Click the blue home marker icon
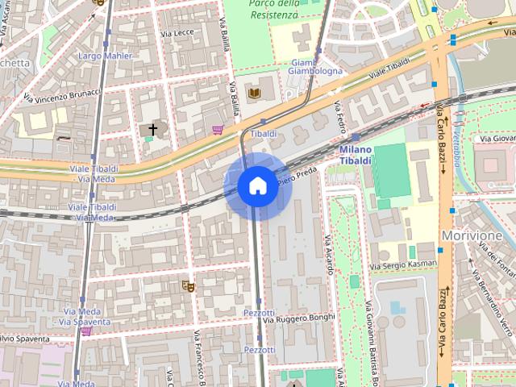257,186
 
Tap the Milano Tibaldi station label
356,156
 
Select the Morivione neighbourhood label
472,235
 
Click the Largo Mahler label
106,56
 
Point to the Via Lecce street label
177,33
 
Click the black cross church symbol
152,129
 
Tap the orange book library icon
255,94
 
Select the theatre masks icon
187,285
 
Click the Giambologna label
315,66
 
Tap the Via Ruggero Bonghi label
298,318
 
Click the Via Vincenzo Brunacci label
61,97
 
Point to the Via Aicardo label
328,254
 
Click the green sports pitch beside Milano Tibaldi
392,171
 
